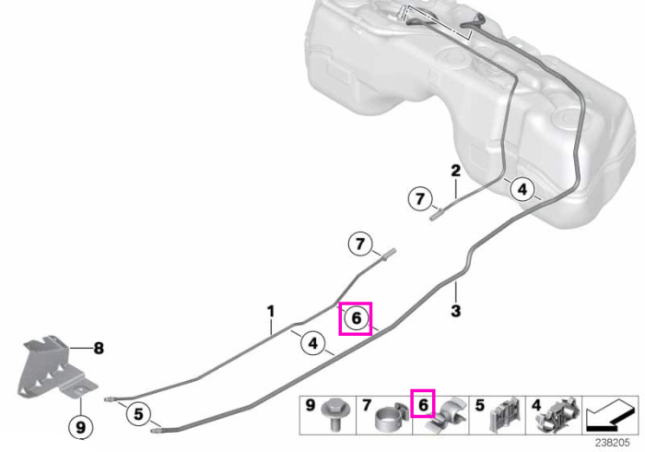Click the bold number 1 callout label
[x=270, y=311]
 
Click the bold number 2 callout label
[x=455, y=171]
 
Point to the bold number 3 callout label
[x=455, y=311]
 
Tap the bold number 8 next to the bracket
[x=99, y=349]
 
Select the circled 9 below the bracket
[x=81, y=427]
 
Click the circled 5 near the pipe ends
[x=138, y=413]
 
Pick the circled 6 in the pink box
[x=357, y=318]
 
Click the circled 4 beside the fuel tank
[x=522, y=189]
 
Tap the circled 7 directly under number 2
[x=420, y=199]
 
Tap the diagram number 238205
[x=612, y=443]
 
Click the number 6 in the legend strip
[x=423, y=406]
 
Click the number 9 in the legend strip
[x=311, y=406]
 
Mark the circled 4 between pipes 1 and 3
[x=313, y=342]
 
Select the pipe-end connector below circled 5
[x=156, y=431]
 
